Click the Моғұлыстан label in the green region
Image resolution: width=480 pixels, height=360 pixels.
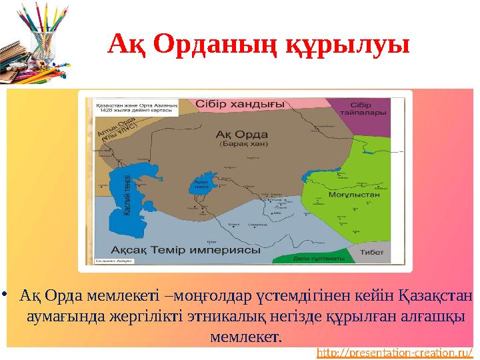point(354,195)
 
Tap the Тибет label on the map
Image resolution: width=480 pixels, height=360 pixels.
point(372,253)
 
